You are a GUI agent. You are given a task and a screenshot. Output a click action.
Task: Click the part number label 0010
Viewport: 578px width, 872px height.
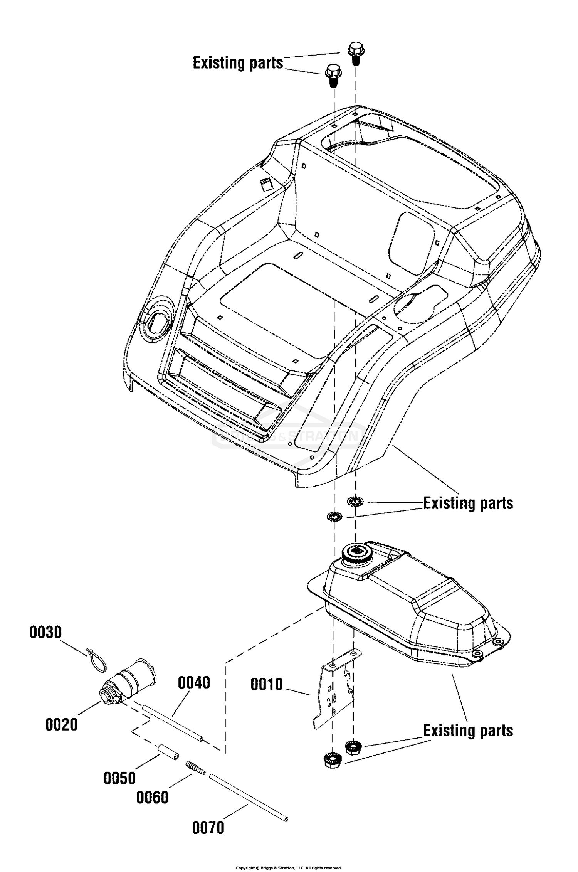pyautogui.click(x=267, y=684)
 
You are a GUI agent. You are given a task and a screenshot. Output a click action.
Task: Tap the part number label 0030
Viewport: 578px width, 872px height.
pyautogui.click(x=45, y=633)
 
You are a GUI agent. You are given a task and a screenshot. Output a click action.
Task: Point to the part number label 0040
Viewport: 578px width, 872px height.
pyautogui.click(x=194, y=682)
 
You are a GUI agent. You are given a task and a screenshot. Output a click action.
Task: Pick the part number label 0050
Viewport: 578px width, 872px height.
pyautogui.click(x=120, y=778)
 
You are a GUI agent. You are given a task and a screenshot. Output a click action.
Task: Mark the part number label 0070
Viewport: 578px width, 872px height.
pyautogui.click(x=208, y=828)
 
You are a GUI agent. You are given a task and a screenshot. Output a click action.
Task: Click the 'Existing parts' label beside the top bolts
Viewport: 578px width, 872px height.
pyautogui.click(x=238, y=63)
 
